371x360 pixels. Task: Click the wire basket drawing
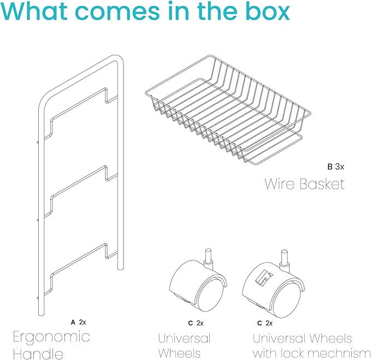point(228,110)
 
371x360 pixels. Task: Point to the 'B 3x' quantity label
point(335,167)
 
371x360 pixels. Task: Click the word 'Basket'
point(322,184)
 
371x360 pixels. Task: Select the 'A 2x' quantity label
point(78,322)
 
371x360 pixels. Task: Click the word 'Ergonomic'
point(51,338)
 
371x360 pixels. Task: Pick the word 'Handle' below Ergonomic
point(38,353)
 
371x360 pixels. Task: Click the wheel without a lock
point(198,283)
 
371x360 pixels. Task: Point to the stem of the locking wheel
point(285,259)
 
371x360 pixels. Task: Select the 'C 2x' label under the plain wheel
point(196,323)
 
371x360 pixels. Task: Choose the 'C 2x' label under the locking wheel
point(265,323)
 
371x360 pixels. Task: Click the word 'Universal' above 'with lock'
point(279,338)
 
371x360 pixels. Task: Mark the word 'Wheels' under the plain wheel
point(179,353)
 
